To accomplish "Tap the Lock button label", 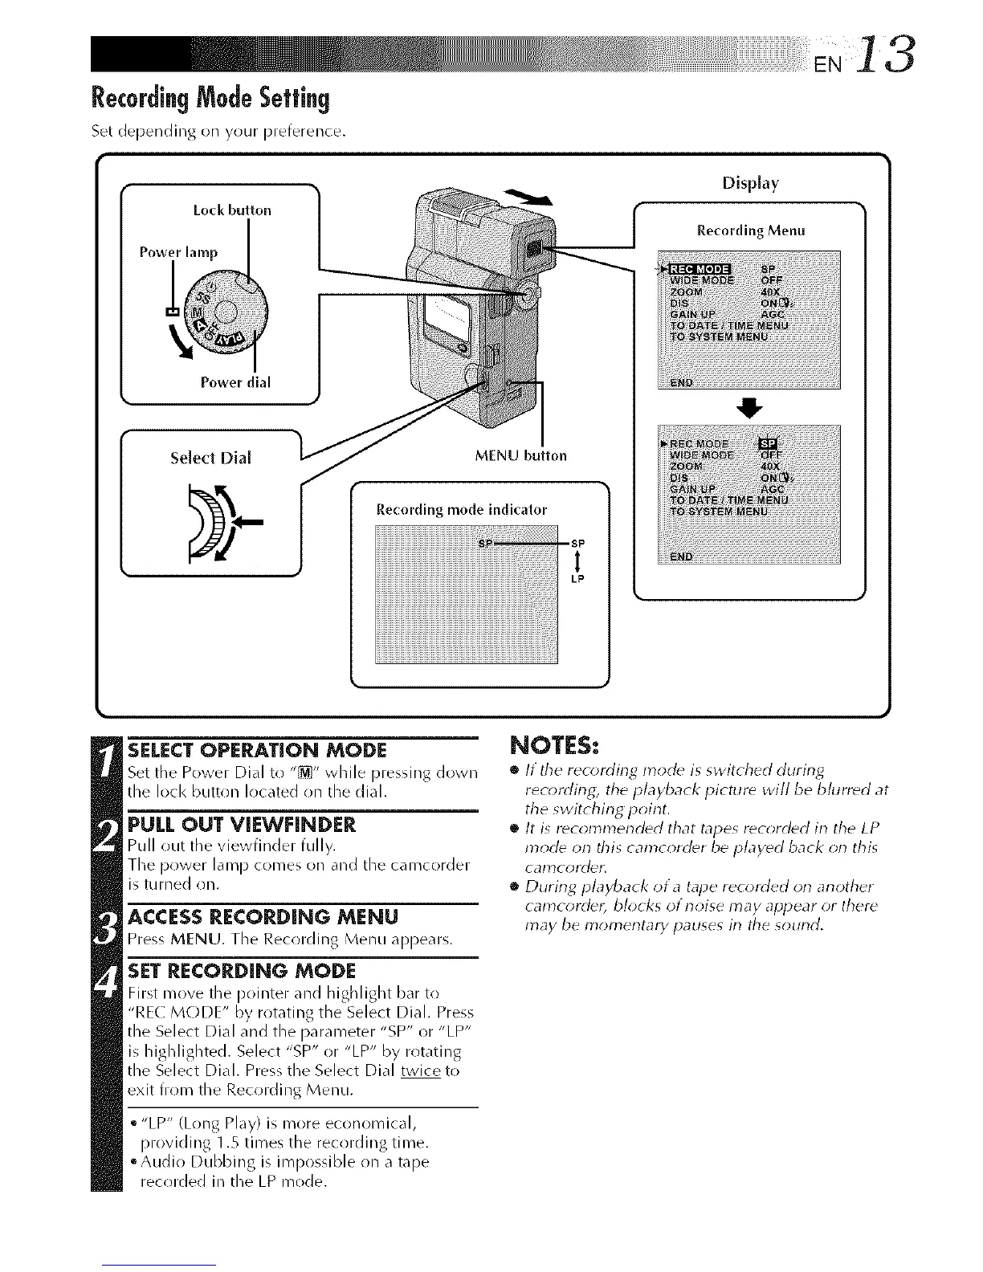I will [x=232, y=210].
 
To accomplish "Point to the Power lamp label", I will [x=178, y=252].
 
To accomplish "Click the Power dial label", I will [x=235, y=382].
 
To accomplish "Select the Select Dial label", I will [x=210, y=458].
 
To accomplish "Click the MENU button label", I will [x=520, y=455].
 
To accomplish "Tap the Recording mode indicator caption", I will [x=462, y=509].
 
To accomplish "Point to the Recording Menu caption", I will [x=750, y=230].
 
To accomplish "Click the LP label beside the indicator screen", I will [x=577, y=579].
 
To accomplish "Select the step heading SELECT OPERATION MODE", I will [x=258, y=750].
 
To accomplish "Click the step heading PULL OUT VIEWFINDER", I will [x=241, y=826].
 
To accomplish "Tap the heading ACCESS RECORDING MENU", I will [x=263, y=916].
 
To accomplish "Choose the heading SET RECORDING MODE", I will [x=241, y=969].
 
